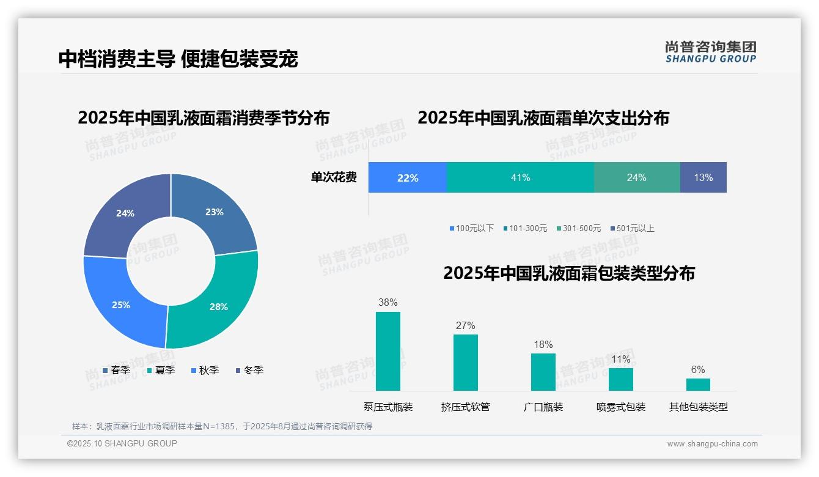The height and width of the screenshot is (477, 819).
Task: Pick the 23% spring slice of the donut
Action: coord(214,211)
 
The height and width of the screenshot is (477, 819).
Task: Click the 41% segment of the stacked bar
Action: coord(520,177)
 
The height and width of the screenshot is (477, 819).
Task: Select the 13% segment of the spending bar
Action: coord(703,177)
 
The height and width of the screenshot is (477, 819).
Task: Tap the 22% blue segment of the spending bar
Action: coord(408,177)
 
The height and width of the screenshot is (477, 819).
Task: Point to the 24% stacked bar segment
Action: coord(636,177)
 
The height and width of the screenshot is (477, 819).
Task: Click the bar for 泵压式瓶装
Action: coord(387,351)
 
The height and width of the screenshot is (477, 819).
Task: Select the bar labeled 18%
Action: coord(543,372)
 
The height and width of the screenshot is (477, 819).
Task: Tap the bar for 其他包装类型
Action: coord(698,384)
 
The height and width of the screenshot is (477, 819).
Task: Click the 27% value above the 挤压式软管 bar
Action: coord(465,325)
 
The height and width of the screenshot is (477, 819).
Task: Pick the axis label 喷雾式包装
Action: coord(620,407)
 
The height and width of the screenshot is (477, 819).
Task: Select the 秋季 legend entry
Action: coord(205,370)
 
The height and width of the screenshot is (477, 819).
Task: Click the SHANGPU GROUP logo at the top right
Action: coord(710,52)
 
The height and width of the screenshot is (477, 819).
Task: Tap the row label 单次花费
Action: coord(334,177)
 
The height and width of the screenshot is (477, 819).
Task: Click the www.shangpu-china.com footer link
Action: coord(712,443)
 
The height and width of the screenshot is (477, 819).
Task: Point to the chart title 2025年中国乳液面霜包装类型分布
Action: coord(568,273)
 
